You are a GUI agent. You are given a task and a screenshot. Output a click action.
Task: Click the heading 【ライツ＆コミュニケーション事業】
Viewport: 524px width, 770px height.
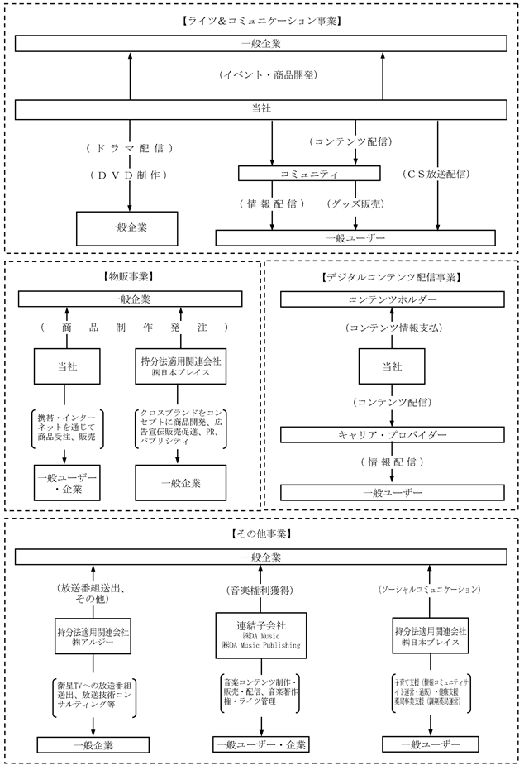tap(260, 18)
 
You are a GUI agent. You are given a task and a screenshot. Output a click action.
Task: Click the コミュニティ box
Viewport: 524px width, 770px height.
tap(309, 174)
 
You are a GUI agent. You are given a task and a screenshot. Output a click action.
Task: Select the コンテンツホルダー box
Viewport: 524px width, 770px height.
tap(392, 299)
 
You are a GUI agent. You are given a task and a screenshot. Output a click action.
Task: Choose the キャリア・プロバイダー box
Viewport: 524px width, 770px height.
tap(392, 434)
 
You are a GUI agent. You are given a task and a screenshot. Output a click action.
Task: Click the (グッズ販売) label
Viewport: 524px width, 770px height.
tap(357, 203)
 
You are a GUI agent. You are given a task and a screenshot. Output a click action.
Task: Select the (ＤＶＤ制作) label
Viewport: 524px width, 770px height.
tap(130, 175)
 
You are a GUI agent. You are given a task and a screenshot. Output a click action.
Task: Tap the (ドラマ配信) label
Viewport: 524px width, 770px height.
tap(130, 148)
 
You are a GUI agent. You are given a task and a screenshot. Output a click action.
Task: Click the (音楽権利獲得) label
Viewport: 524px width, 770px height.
tap(260, 591)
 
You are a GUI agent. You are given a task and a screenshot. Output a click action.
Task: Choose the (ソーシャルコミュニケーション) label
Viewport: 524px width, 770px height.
tap(430, 591)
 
